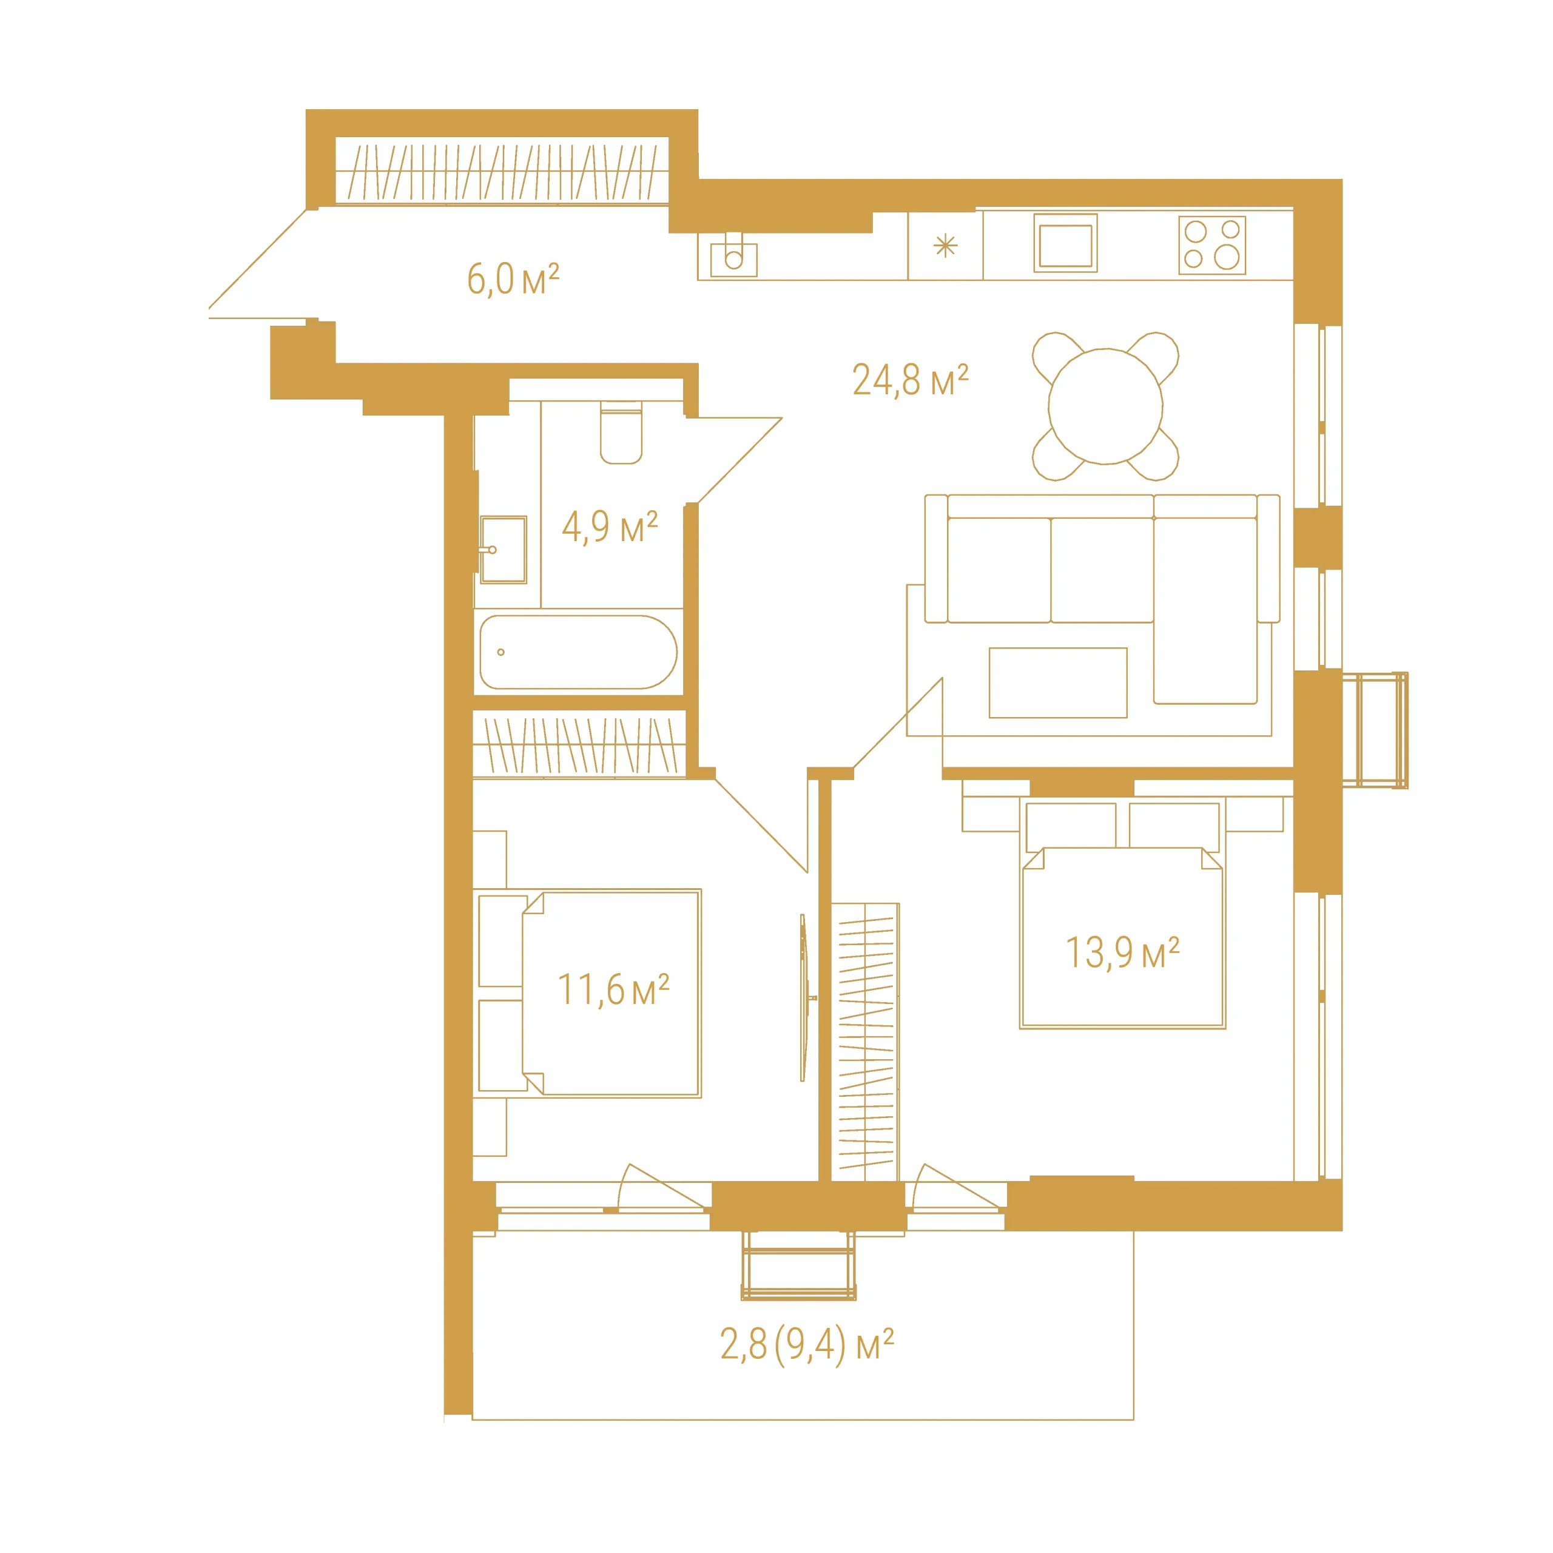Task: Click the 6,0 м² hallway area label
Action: [513, 279]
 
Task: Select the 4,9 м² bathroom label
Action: [609, 527]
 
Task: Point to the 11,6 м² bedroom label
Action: [613, 989]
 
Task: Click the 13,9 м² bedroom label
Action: [1122, 952]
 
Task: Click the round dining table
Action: [1105, 406]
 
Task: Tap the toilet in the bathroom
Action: [621, 433]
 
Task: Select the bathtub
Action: [578, 652]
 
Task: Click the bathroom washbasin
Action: [503, 550]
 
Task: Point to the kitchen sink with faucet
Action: [733, 255]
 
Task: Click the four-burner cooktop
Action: [1212, 245]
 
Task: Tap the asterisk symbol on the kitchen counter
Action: [945, 246]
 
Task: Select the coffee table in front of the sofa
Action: [1058, 682]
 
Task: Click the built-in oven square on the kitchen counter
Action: [1065, 243]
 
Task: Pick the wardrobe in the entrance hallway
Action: [502, 170]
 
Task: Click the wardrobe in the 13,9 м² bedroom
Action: [865, 1042]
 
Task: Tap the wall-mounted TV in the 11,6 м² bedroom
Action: [804, 997]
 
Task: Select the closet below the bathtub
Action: [579, 744]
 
